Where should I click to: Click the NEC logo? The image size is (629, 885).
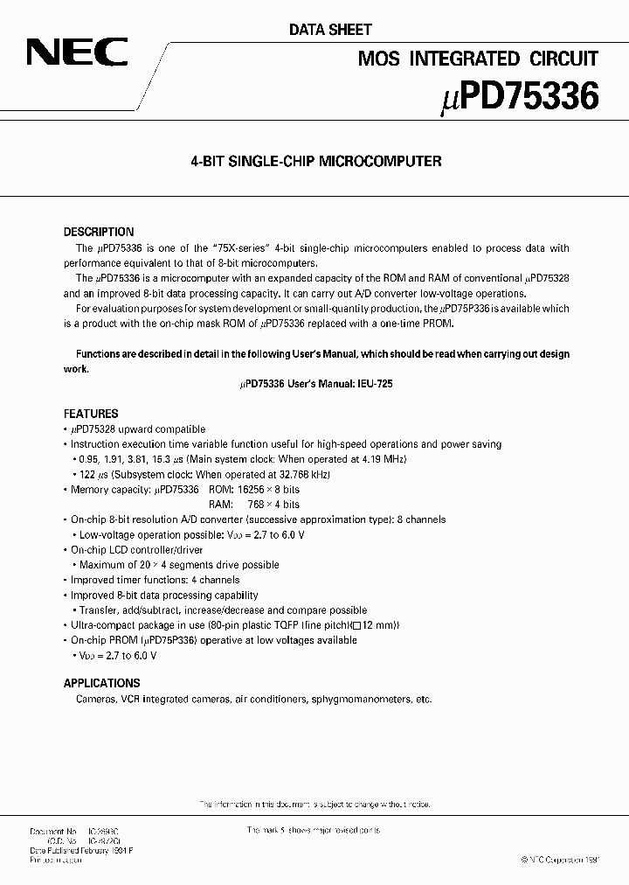77,55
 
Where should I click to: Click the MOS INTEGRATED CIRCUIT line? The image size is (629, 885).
479,59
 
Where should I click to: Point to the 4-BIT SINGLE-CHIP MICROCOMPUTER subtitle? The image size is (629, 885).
315,162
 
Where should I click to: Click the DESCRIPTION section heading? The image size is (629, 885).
99,233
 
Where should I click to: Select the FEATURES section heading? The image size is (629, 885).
91,414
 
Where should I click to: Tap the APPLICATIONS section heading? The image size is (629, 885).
101,683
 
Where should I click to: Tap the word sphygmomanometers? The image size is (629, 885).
360,700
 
